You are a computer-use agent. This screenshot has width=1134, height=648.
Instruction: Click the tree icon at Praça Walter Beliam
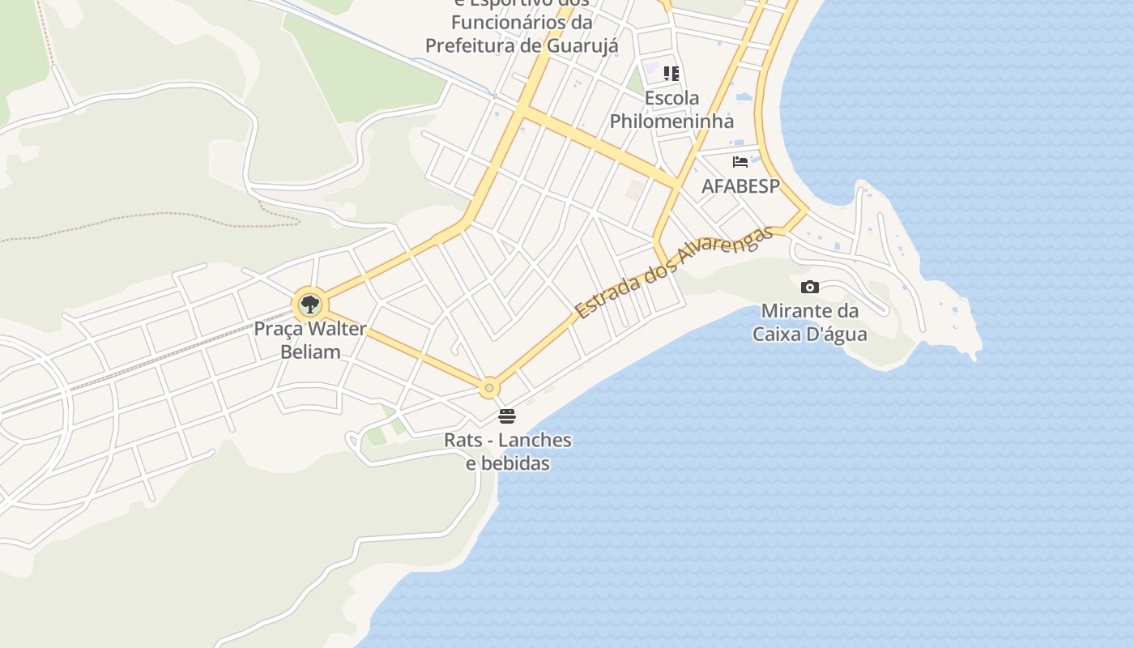309,305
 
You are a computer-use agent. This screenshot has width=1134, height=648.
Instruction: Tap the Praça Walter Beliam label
310,340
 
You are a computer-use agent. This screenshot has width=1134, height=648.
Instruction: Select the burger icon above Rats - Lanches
507,416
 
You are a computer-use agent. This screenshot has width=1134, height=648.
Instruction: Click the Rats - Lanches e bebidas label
508,452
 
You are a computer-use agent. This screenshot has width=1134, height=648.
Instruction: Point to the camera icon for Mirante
809,287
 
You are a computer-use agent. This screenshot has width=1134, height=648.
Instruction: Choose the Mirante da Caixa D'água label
809,322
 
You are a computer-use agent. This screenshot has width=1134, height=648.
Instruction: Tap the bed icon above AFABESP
740,162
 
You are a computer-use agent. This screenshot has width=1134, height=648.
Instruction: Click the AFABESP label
740,186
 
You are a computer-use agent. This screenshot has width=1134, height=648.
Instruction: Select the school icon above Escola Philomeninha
671,74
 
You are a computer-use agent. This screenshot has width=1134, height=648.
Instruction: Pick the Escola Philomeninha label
671,110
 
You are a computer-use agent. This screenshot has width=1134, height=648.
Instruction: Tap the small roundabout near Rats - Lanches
489,388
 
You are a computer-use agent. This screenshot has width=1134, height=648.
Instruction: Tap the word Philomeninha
671,122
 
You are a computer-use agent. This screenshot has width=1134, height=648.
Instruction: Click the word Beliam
310,352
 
